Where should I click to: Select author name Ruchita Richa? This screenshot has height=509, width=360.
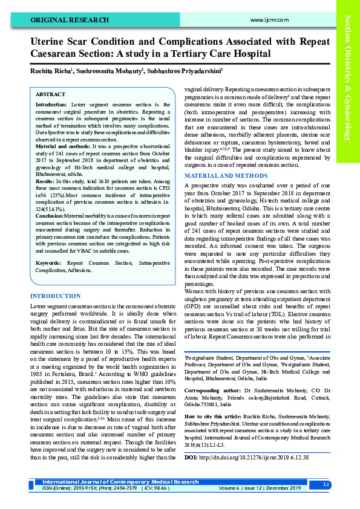(x=51, y=71)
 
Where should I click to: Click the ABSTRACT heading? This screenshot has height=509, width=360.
(x=50, y=95)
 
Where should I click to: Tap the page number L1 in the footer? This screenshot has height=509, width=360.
(x=326, y=485)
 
